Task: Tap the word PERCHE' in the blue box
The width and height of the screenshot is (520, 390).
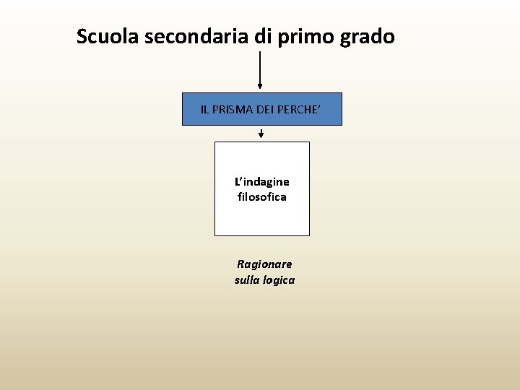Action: pos(300,110)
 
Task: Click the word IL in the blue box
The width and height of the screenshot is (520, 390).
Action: pos(205,110)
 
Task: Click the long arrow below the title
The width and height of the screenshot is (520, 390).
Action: pos(260,69)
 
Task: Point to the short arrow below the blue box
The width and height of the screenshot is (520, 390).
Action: pos(261,132)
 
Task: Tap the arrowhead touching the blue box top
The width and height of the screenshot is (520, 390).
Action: pos(260,87)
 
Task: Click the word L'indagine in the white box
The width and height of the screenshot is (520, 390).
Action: pos(261,181)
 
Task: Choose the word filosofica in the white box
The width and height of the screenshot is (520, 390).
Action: pos(261,196)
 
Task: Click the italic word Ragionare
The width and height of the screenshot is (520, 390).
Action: pos(264,264)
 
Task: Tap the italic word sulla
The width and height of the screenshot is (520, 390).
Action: pos(247,279)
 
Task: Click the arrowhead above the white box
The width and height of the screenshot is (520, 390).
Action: pos(261,135)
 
